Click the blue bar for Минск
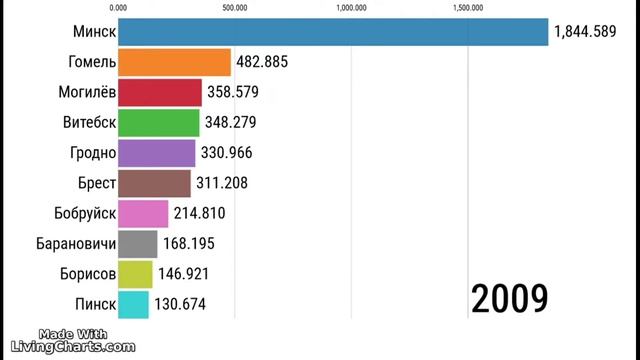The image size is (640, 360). pyautogui.click(x=333, y=32)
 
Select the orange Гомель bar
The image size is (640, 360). pyautogui.click(x=175, y=63)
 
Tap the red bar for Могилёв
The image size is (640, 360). pyautogui.click(x=160, y=93)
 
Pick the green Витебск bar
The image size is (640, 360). pyautogui.click(x=159, y=123)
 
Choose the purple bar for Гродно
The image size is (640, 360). pyautogui.click(x=157, y=153)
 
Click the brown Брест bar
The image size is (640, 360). pyautogui.click(x=154, y=183)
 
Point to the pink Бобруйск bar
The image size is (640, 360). pyautogui.click(x=143, y=214)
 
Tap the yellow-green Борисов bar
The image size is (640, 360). pyautogui.click(x=135, y=274)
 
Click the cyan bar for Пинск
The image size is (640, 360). pyautogui.click(x=133, y=304)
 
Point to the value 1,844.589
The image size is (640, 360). pyautogui.click(x=592, y=33)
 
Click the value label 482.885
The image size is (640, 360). pyautogui.click(x=262, y=63)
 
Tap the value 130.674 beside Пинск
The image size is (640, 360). pyautogui.click(x=179, y=304)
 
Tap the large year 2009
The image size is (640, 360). pyautogui.click(x=509, y=298)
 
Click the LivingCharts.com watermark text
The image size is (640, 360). pyautogui.click(x=86, y=347)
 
